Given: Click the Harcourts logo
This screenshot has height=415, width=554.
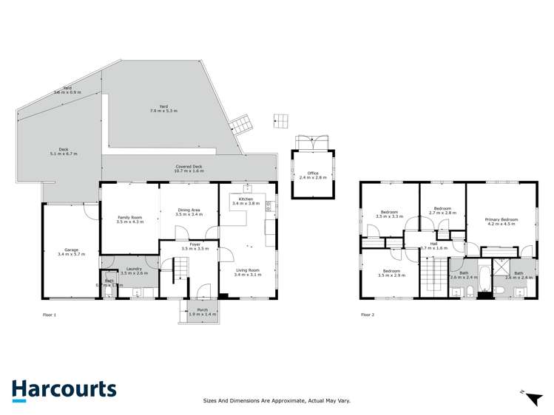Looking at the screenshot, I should click(x=64, y=391).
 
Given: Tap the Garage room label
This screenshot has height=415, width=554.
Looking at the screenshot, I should click(x=72, y=252).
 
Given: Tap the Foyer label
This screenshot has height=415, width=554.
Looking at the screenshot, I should click(x=195, y=246).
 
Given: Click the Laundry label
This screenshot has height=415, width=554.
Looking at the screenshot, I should click(x=134, y=270).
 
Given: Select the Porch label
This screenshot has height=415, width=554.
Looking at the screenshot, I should click(x=197, y=312).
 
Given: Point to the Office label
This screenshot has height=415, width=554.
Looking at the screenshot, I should click(x=312, y=176).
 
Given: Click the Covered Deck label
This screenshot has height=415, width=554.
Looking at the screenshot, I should click(x=189, y=168).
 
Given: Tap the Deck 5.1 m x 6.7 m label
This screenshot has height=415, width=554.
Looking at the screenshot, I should click(x=63, y=151).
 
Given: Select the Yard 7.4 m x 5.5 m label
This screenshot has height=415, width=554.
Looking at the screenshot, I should click(x=164, y=108).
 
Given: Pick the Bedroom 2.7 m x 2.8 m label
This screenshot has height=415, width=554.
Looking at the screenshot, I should click(x=442, y=210).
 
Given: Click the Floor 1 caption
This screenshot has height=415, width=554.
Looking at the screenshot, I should click(x=50, y=315).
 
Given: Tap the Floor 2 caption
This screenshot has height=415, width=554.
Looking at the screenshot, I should click(x=368, y=315).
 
